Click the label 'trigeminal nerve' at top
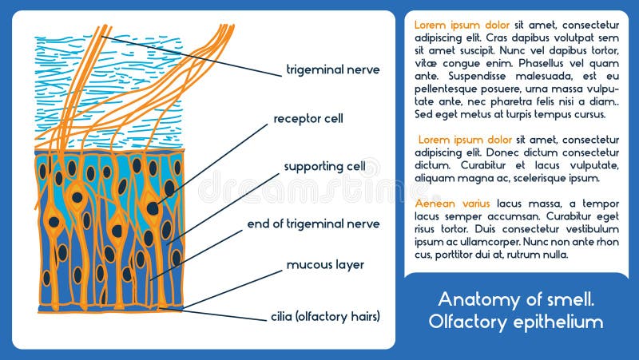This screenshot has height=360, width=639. (x=327, y=69)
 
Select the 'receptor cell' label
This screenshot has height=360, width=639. (x=308, y=119)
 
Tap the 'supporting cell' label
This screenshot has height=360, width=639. (x=325, y=167)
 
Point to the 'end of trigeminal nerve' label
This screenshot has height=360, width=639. (x=313, y=224)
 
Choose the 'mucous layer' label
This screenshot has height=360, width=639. (x=325, y=264)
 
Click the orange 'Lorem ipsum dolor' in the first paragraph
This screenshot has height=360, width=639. (x=462, y=25)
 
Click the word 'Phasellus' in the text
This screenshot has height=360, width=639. (x=546, y=63)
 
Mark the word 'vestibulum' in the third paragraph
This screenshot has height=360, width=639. (x=592, y=229)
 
